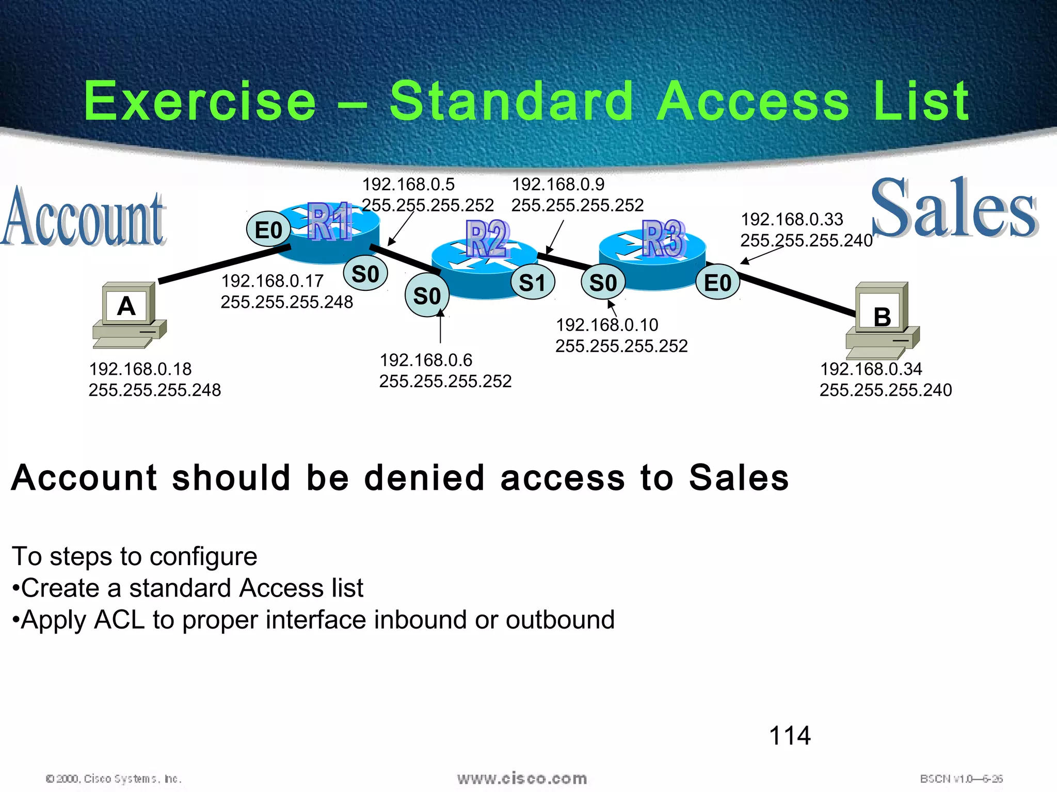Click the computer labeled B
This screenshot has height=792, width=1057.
tap(882, 320)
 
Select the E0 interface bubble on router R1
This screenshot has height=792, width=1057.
tap(268, 229)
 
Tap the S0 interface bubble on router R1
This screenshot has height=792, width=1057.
tap(365, 273)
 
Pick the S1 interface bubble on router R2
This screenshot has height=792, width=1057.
tap(532, 283)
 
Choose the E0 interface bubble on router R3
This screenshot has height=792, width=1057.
tap(717, 283)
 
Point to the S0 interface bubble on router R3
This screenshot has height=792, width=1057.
tap(603, 283)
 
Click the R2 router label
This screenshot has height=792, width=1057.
tap(487, 238)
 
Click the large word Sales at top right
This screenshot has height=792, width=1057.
tap(954, 209)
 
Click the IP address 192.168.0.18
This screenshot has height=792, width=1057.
tap(140, 369)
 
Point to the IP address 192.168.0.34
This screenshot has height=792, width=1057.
tap(871, 369)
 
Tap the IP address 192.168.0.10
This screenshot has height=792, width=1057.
tap(607, 325)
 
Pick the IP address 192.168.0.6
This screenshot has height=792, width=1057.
tap(426, 360)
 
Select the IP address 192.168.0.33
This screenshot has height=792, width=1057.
tap(792, 219)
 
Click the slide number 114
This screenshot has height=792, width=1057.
tap(790, 735)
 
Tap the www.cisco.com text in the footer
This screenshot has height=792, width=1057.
tap(522, 778)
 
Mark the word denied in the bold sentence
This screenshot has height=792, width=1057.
tap(424, 477)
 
